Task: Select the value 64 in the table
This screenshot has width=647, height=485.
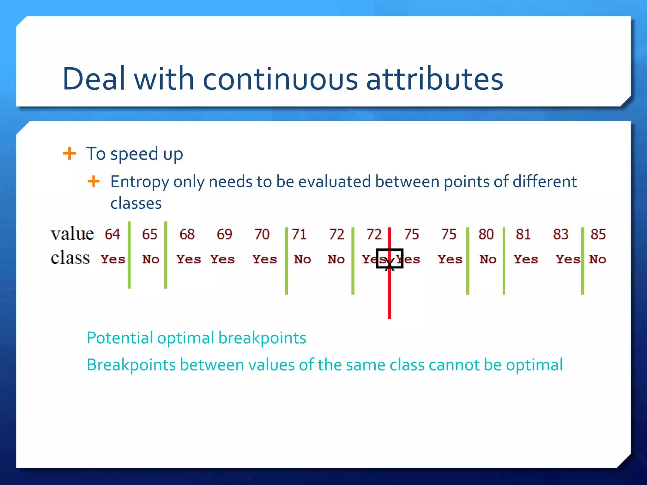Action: point(112,234)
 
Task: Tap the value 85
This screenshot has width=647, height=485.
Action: point(598,234)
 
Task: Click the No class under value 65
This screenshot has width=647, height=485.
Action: point(151,260)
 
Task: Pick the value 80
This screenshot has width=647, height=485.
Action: point(486,234)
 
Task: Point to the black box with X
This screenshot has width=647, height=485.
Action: point(390,258)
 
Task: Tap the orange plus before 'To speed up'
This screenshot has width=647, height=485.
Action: point(70,154)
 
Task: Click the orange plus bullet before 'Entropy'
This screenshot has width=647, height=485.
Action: point(94,182)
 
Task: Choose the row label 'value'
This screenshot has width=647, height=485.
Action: point(72,234)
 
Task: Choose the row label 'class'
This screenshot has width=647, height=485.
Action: point(70,258)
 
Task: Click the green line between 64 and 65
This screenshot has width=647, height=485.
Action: point(129,255)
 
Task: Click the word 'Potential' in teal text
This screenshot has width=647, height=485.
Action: point(120,338)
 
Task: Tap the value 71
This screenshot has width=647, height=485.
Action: point(299,234)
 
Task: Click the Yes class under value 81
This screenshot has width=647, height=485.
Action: point(526,260)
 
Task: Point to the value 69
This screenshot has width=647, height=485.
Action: point(224,234)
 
